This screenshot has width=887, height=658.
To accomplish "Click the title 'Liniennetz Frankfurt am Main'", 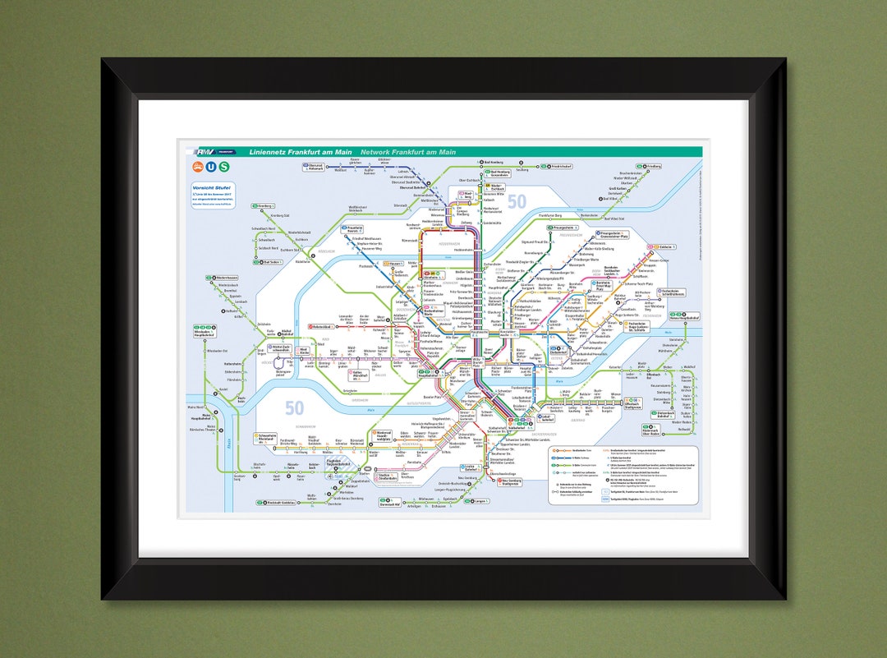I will click(x=300, y=152).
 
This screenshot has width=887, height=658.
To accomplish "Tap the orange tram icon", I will click(x=198, y=167).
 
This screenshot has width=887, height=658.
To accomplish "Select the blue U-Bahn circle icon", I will click(x=211, y=167).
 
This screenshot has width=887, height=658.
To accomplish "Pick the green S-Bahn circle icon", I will click(x=224, y=167).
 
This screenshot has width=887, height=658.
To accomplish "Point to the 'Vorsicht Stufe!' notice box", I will click(x=214, y=195).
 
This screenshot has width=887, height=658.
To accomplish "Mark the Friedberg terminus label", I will click(x=652, y=166).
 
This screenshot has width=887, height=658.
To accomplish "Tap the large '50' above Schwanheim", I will click(x=295, y=407).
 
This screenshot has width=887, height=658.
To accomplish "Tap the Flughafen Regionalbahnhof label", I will click(x=338, y=463).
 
